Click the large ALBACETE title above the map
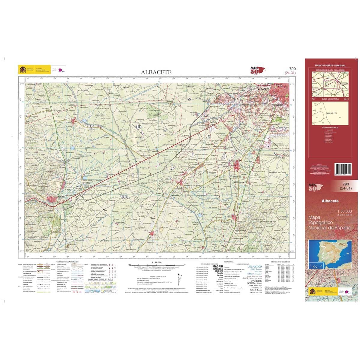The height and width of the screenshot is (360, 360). tap(156, 72)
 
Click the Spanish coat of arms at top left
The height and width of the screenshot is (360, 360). tap(23, 70)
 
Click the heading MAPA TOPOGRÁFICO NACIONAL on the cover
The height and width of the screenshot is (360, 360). tap(330, 65)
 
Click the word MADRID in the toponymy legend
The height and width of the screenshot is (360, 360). tap(217, 266)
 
